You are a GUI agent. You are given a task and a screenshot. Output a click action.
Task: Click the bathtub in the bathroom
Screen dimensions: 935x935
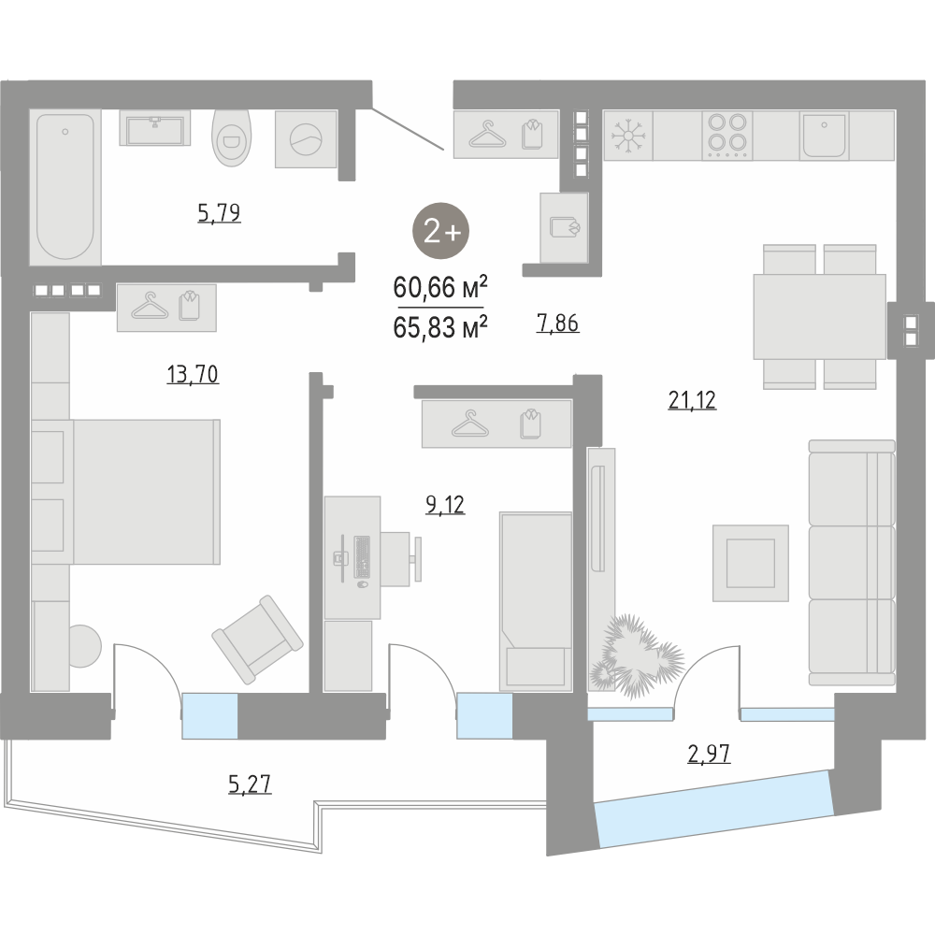coord(65,187)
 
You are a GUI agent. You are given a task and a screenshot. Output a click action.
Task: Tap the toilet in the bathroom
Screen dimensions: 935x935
coord(232,137)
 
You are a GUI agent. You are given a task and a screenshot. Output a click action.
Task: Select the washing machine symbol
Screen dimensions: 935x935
coord(306,139)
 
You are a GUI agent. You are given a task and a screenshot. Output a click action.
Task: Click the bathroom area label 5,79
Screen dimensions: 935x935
coord(219,213)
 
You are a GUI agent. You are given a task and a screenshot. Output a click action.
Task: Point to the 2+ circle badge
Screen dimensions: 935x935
coord(441,231)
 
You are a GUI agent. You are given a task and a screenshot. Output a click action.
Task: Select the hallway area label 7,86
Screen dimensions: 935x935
coord(557,324)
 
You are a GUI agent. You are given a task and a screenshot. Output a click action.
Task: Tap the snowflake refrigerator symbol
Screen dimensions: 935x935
coord(628,136)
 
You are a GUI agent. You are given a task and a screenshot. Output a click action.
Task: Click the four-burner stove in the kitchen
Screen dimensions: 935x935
coord(726,136)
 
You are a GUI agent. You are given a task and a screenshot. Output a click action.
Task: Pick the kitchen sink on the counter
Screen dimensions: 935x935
coord(824,136)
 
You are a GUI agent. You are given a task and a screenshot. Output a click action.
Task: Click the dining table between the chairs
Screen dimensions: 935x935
coord(819,317)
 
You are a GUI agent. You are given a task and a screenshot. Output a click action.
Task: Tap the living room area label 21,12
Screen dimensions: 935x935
coord(692,400)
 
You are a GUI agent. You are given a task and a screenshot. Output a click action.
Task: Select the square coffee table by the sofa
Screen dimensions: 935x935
coord(751,563)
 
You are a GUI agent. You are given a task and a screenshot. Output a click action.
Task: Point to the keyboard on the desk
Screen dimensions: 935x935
coord(362,557)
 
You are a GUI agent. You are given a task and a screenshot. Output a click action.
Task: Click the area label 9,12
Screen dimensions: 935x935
coord(445,505)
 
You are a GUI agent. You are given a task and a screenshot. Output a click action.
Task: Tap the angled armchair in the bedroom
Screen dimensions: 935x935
coord(258,640)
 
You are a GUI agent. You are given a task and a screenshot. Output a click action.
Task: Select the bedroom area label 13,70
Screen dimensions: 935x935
coord(193,375)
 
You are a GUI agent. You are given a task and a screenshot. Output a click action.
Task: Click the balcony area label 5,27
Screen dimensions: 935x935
coord(250,784)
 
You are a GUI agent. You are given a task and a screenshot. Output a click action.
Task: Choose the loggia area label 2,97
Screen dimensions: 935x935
coord(709,754)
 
